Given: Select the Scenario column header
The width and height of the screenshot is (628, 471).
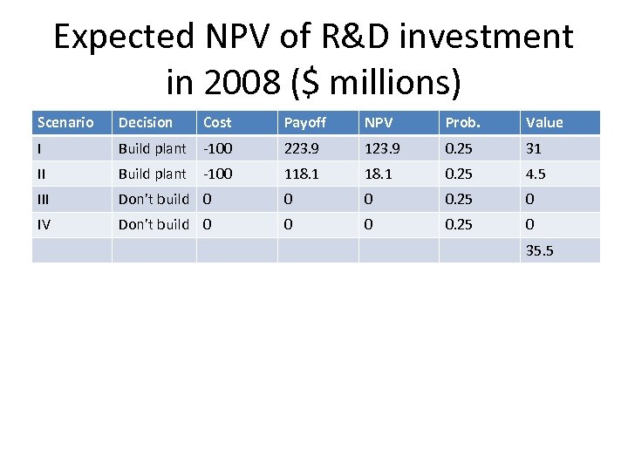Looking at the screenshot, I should (65, 122).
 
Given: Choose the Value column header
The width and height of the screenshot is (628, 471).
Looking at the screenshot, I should (544, 122).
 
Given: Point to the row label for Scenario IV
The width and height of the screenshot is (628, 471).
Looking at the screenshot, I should (44, 224).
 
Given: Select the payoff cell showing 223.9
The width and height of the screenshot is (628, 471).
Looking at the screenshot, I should (301, 148).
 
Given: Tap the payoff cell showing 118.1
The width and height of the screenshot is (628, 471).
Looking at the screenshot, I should (301, 174).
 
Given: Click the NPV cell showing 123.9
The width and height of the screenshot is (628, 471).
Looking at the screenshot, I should (382, 148).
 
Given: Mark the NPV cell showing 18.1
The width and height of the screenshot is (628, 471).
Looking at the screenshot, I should (379, 174).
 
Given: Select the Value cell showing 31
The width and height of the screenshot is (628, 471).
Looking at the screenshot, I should (533, 148).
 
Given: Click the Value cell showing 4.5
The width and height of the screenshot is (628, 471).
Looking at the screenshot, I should (535, 174).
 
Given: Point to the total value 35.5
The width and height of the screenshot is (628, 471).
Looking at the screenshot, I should (539, 251).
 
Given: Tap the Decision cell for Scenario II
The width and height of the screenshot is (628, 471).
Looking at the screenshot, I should (153, 174).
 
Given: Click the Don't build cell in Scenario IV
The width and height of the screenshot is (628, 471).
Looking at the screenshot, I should (154, 224).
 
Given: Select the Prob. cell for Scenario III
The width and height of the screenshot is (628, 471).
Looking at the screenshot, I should (459, 199).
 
